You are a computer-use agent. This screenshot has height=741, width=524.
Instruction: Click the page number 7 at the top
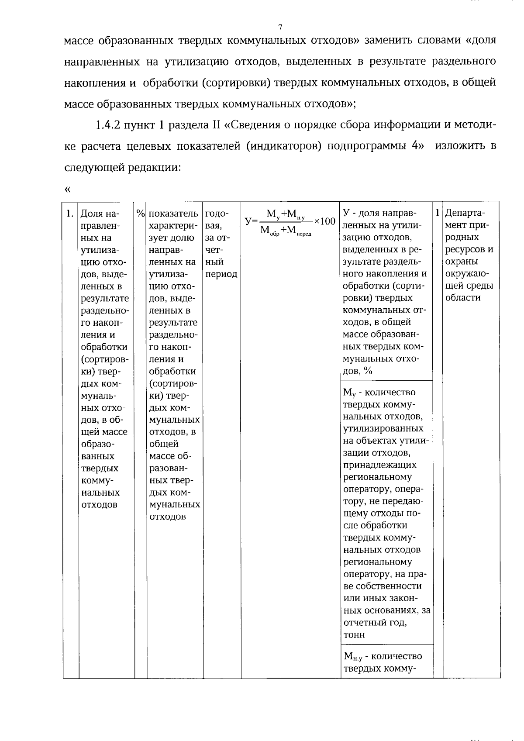click(280, 28)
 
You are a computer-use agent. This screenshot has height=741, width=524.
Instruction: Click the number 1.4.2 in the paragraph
click(107, 125)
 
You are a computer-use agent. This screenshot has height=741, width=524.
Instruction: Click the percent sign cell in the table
click(140, 214)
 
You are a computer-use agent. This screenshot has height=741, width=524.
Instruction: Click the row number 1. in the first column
click(69, 214)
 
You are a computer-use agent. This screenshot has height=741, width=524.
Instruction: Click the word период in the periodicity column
click(221, 274)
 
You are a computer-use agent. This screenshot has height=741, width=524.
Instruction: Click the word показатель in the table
click(173, 214)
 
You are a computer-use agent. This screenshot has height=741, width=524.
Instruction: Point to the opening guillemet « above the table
click(67, 190)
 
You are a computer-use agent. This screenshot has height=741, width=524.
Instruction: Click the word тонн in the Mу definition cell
click(354, 635)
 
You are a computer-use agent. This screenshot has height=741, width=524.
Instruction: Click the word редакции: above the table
click(154, 167)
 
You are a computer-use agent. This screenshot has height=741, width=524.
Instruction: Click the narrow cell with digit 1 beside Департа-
click(437, 213)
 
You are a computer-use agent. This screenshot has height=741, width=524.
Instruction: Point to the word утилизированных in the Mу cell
click(383, 428)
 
